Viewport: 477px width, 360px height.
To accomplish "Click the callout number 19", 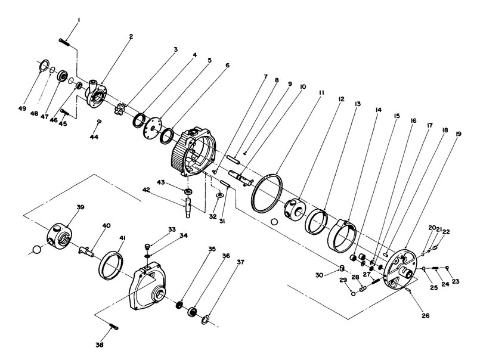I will (x=457, y=134).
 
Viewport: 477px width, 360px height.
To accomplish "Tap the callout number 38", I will (x=100, y=345).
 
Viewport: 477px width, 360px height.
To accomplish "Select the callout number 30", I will (x=320, y=275).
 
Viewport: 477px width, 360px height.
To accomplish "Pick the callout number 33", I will (x=172, y=229).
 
